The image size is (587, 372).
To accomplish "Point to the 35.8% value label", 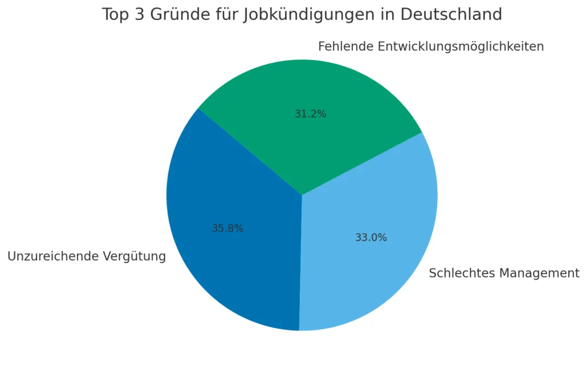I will click(x=227, y=228).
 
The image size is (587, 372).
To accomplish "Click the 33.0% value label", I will click(x=371, y=238).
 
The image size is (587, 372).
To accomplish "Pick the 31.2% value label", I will click(x=311, y=114).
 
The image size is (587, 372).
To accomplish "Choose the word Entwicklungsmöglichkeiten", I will click(x=461, y=46).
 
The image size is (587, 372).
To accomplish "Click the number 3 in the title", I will click(x=140, y=15).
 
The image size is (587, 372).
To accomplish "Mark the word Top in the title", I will click(x=116, y=15).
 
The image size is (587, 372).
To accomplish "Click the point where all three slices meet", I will click(x=302, y=195).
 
